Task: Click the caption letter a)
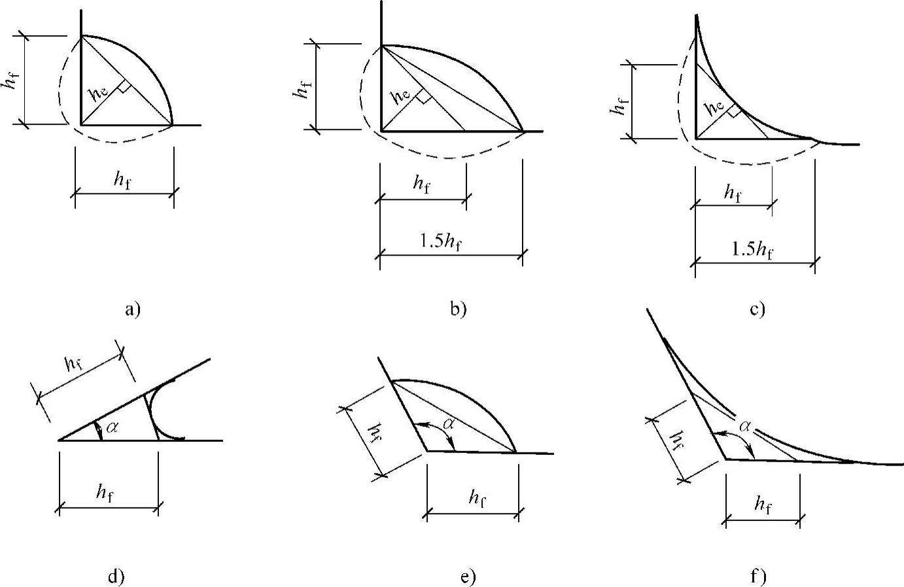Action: click(x=133, y=309)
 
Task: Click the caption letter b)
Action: click(x=459, y=309)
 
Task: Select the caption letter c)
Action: click(x=757, y=309)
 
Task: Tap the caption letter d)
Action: click(x=116, y=576)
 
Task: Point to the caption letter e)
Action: click(x=468, y=577)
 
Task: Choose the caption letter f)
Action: click(x=758, y=577)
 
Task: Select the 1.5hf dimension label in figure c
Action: click(x=753, y=249)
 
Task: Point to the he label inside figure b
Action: click(x=401, y=97)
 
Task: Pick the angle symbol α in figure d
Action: click(x=113, y=428)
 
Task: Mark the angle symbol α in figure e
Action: click(x=449, y=424)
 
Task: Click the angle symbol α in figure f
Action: click(x=745, y=426)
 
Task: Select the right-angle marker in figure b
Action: click(x=424, y=97)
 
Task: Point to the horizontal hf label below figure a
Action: click(x=122, y=180)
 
